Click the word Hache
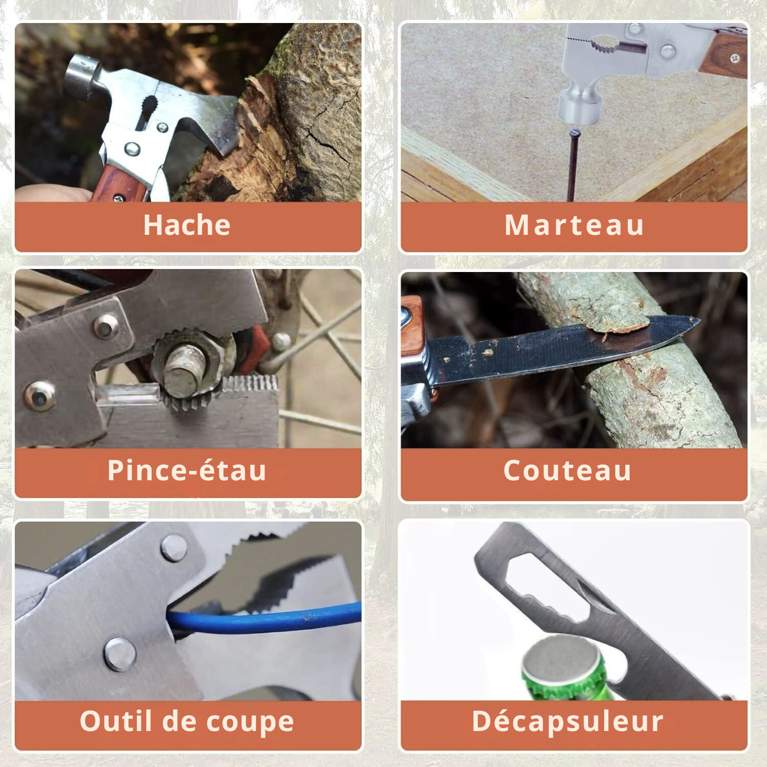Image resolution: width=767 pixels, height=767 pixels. tap(186, 225)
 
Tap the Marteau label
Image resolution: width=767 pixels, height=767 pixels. tap(573, 225)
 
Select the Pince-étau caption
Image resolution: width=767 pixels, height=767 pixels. tap(186, 471)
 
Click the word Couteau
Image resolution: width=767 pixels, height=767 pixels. tap(567, 471)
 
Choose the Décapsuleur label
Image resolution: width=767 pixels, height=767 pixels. tap(567, 721)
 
